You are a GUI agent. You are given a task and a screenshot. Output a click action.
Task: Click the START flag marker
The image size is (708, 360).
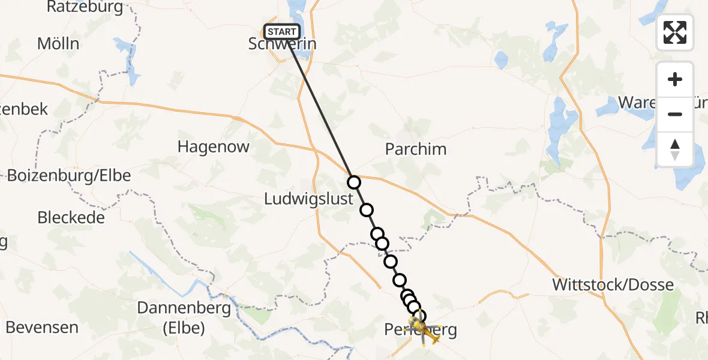(281, 32)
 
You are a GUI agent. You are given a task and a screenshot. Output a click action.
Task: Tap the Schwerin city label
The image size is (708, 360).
(282, 44)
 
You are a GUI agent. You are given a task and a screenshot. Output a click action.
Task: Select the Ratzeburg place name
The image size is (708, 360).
(85, 7)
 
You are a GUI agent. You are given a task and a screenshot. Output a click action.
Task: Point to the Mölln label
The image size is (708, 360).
(58, 44)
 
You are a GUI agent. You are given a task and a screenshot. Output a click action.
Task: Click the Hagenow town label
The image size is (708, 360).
(214, 147)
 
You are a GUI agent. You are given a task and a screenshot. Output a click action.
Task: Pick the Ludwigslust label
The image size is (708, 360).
(309, 199)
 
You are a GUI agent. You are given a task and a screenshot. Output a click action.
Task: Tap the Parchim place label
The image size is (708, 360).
(416, 149)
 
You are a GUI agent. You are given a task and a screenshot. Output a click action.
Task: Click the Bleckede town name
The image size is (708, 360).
(71, 217)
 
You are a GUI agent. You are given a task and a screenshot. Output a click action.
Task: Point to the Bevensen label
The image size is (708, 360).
(42, 328)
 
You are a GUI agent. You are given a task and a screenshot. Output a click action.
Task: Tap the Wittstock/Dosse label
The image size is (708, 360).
(613, 284)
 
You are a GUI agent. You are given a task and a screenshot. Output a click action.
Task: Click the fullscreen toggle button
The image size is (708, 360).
(675, 32)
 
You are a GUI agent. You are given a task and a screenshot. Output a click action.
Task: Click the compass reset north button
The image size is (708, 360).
(675, 149)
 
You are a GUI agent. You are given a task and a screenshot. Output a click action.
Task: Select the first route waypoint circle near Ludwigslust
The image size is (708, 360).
(354, 182)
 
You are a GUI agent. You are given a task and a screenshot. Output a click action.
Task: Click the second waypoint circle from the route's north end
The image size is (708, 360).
(366, 210)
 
